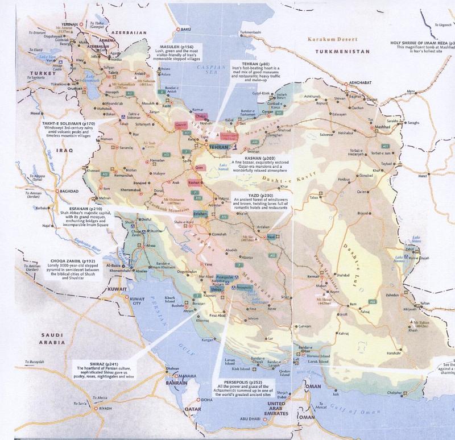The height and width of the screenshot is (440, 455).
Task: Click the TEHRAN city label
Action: click(x=218, y=147)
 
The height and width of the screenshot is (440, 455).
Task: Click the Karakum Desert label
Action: click(x=332, y=39)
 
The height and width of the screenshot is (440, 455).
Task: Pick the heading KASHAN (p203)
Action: click(x=260, y=157)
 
